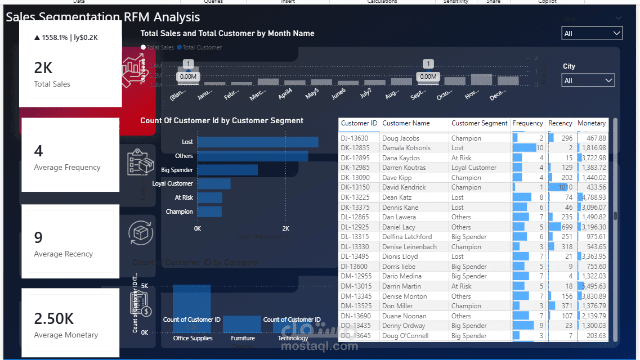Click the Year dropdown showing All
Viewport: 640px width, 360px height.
pos(592,34)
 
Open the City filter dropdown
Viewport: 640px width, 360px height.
pos(588,81)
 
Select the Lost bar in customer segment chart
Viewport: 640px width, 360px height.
pos(257,142)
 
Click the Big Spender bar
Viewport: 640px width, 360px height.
pos(227,170)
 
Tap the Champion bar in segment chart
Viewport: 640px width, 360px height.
pos(209,211)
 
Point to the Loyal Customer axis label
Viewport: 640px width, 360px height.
pos(172,183)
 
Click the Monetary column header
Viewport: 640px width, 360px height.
pos(592,123)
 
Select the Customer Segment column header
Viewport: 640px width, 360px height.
pos(479,123)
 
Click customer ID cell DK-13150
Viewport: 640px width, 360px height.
pos(355,187)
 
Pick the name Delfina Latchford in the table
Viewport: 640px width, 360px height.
pos(407,237)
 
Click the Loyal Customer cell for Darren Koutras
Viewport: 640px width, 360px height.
pos(474,168)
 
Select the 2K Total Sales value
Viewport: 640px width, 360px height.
pos(43,68)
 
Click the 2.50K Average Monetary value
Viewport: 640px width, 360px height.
pos(54,319)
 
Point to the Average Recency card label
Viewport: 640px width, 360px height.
pos(63,254)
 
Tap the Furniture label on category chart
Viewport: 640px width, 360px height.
pos(243,338)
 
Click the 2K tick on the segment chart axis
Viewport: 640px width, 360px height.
pos(285,228)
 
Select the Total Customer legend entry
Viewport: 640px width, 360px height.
pos(202,47)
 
